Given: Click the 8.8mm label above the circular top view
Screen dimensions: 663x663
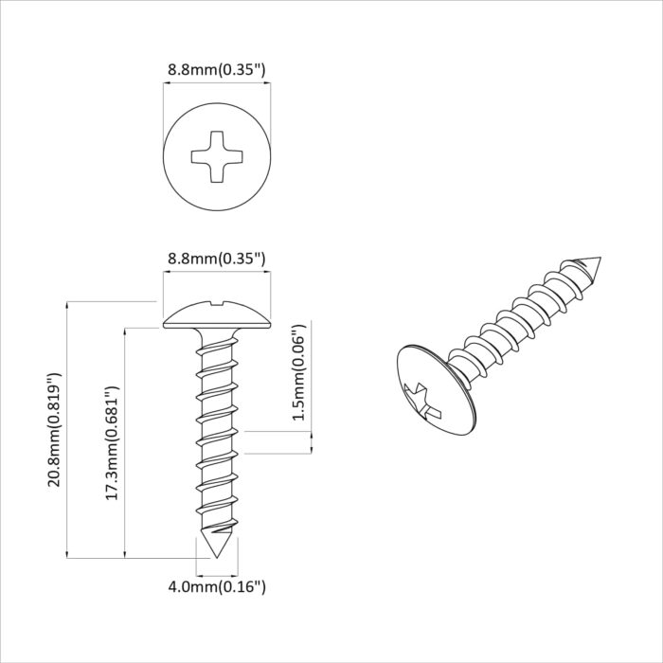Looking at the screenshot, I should coord(216,69).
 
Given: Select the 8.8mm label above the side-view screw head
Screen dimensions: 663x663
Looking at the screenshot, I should coord(216,258).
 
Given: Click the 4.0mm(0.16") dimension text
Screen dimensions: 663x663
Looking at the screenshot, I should coord(217,587).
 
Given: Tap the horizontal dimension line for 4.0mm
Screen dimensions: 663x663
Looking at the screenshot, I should coord(217,574).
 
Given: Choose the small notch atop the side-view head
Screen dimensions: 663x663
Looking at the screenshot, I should coord(217,304).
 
